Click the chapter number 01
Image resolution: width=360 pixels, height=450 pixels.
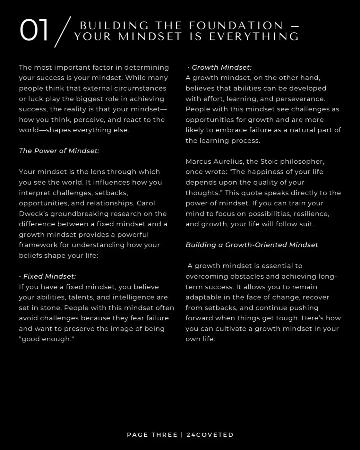point(34,30)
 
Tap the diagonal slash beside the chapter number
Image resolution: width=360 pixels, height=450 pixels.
point(62,32)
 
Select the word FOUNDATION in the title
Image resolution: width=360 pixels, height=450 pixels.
point(236,25)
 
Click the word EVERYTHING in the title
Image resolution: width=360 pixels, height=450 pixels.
point(254,37)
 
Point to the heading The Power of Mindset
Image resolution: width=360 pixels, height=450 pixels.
point(59,151)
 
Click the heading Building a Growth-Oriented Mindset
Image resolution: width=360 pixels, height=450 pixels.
point(252,245)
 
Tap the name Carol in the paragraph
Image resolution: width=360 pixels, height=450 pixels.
point(146,203)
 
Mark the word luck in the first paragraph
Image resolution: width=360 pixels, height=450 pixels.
point(35,99)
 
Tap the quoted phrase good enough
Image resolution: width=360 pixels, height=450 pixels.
point(46,339)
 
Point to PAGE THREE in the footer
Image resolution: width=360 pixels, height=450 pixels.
point(152,435)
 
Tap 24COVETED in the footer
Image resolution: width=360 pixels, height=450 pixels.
point(210,435)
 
